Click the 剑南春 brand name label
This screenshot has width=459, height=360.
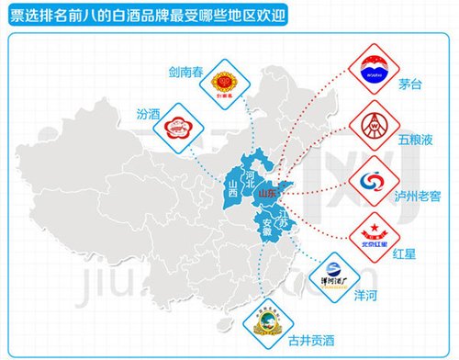point(186,69)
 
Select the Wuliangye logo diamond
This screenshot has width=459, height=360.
point(373,122)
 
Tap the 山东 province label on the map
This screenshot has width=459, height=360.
point(267,195)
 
